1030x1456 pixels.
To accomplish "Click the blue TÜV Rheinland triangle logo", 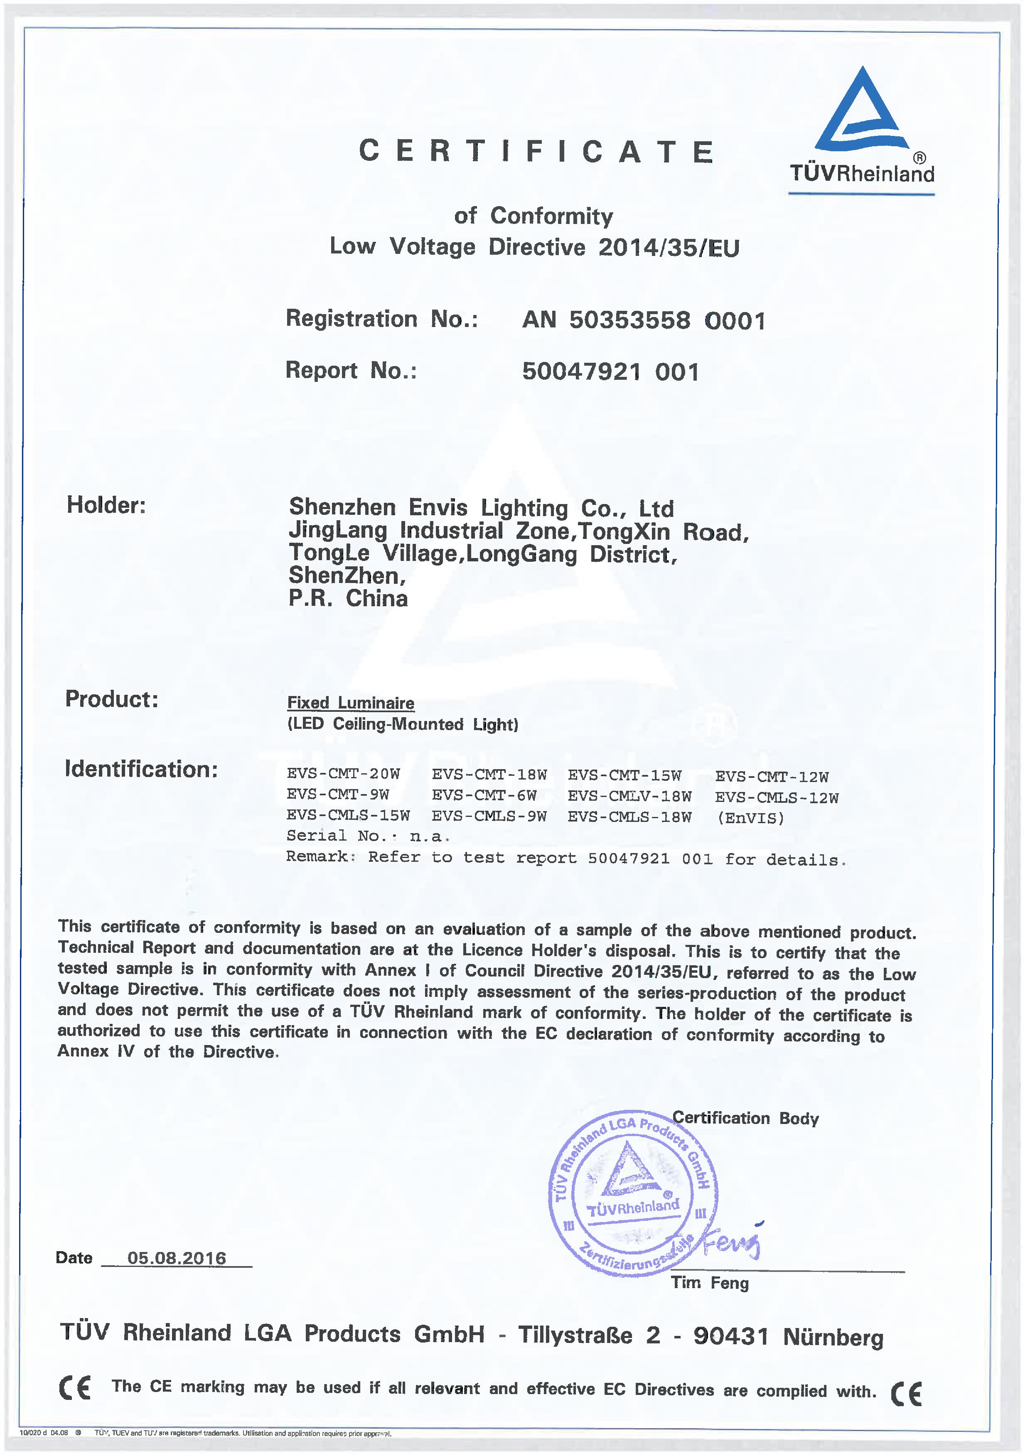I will (861, 111).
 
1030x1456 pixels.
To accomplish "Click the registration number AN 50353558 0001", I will (644, 320).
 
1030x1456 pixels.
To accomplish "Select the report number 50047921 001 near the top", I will (610, 371).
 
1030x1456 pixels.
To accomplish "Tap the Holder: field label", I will (106, 505).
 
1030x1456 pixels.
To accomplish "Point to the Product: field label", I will (112, 699).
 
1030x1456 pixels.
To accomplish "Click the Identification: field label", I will (141, 769).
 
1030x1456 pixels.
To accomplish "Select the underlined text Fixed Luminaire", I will (351, 703).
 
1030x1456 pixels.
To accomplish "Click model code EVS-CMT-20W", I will (343, 774).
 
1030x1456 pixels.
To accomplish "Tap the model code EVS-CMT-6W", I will (484, 795).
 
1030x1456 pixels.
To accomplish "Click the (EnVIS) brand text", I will (751, 818).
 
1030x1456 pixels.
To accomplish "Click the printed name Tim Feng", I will (710, 1283).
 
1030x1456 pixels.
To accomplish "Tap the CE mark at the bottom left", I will (75, 1387).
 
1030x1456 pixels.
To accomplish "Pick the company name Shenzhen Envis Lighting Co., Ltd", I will (481, 508).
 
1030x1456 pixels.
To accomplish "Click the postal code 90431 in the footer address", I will (731, 1336).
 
